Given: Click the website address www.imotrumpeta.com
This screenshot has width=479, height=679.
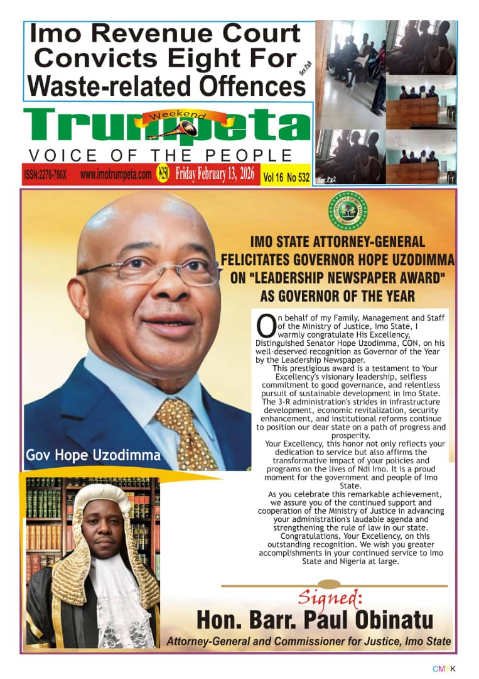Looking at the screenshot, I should click(116, 175).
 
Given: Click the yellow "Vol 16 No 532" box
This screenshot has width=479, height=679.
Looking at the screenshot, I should click(286, 177).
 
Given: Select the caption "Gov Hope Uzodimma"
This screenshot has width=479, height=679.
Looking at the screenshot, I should click(93, 455).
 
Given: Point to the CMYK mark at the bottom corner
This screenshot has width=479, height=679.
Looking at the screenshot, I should click(443, 668).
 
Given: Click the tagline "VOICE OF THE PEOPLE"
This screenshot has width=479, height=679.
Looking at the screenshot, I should click(161, 155).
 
